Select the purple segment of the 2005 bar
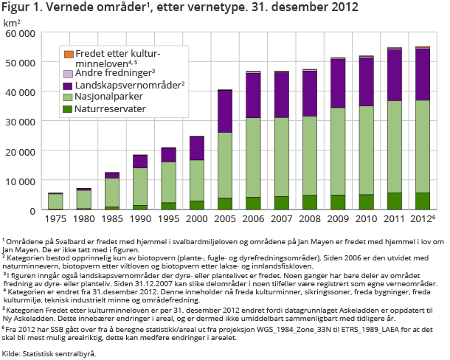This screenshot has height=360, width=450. click(224, 111)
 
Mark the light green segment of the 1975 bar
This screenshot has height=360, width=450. click(55, 201)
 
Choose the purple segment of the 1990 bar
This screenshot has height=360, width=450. click(140, 162)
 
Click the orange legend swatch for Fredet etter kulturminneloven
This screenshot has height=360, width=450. click(69, 55)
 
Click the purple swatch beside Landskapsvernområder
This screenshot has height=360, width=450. click(69, 86)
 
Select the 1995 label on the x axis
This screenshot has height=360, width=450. click(168, 218)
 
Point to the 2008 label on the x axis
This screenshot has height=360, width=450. click(309, 218)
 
